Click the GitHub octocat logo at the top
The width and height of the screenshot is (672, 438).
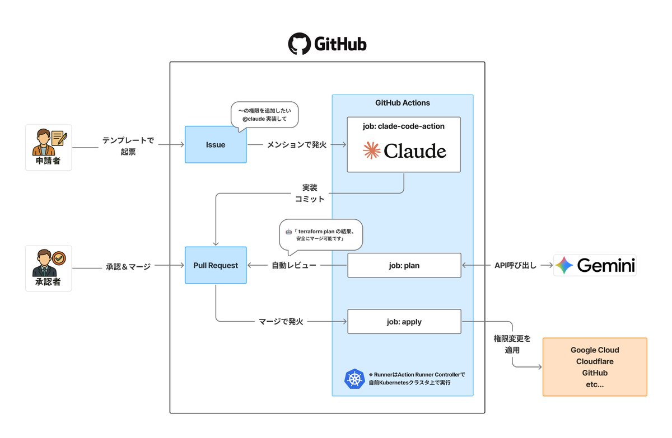(299, 44)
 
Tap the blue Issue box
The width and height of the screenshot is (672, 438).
(216, 145)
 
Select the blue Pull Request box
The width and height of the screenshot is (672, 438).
(216, 265)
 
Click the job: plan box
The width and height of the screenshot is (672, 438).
(404, 265)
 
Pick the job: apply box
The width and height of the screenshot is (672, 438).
(404, 322)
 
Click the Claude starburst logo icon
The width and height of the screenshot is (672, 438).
(372, 150)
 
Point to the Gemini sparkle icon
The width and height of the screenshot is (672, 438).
(564, 265)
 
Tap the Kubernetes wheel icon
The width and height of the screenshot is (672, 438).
(354, 379)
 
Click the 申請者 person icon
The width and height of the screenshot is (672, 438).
(49, 142)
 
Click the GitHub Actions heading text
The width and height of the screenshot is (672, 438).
(403, 103)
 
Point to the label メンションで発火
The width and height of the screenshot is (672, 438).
(288, 145)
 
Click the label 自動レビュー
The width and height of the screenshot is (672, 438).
(294, 265)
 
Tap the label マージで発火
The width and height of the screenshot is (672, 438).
(281, 322)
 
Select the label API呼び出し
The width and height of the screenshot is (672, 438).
(515, 265)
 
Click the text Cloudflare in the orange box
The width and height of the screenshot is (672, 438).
(595, 361)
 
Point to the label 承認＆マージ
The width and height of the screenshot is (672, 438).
(128, 266)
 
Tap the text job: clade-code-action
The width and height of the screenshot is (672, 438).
(404, 126)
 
